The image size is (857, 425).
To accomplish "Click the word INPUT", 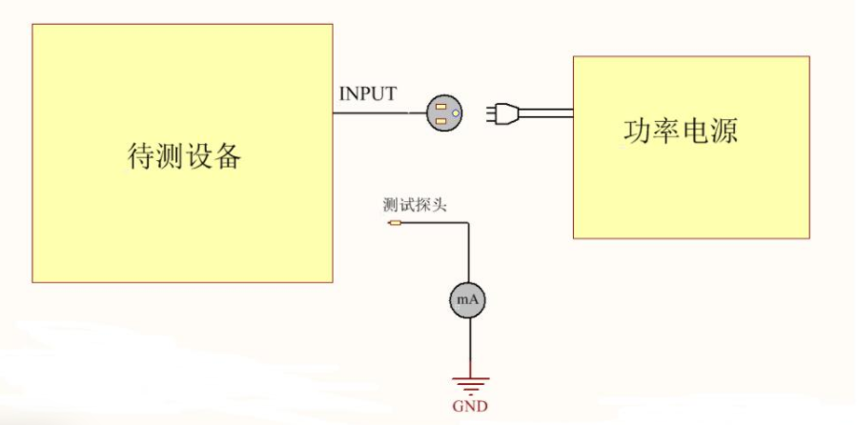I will [367, 94].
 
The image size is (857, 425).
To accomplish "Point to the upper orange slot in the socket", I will [441, 107].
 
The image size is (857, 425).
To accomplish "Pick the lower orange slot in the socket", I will [441, 121].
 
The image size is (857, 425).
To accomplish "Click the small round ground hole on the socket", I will [455, 114].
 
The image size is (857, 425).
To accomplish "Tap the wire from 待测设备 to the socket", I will [377, 113].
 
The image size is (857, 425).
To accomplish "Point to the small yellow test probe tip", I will [395, 224].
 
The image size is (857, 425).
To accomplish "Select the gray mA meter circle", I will [468, 300].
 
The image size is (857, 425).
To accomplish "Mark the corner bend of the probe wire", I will [468, 224].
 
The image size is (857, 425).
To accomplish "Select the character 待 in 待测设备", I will [141, 155].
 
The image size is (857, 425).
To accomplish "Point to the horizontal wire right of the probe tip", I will [434, 224].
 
